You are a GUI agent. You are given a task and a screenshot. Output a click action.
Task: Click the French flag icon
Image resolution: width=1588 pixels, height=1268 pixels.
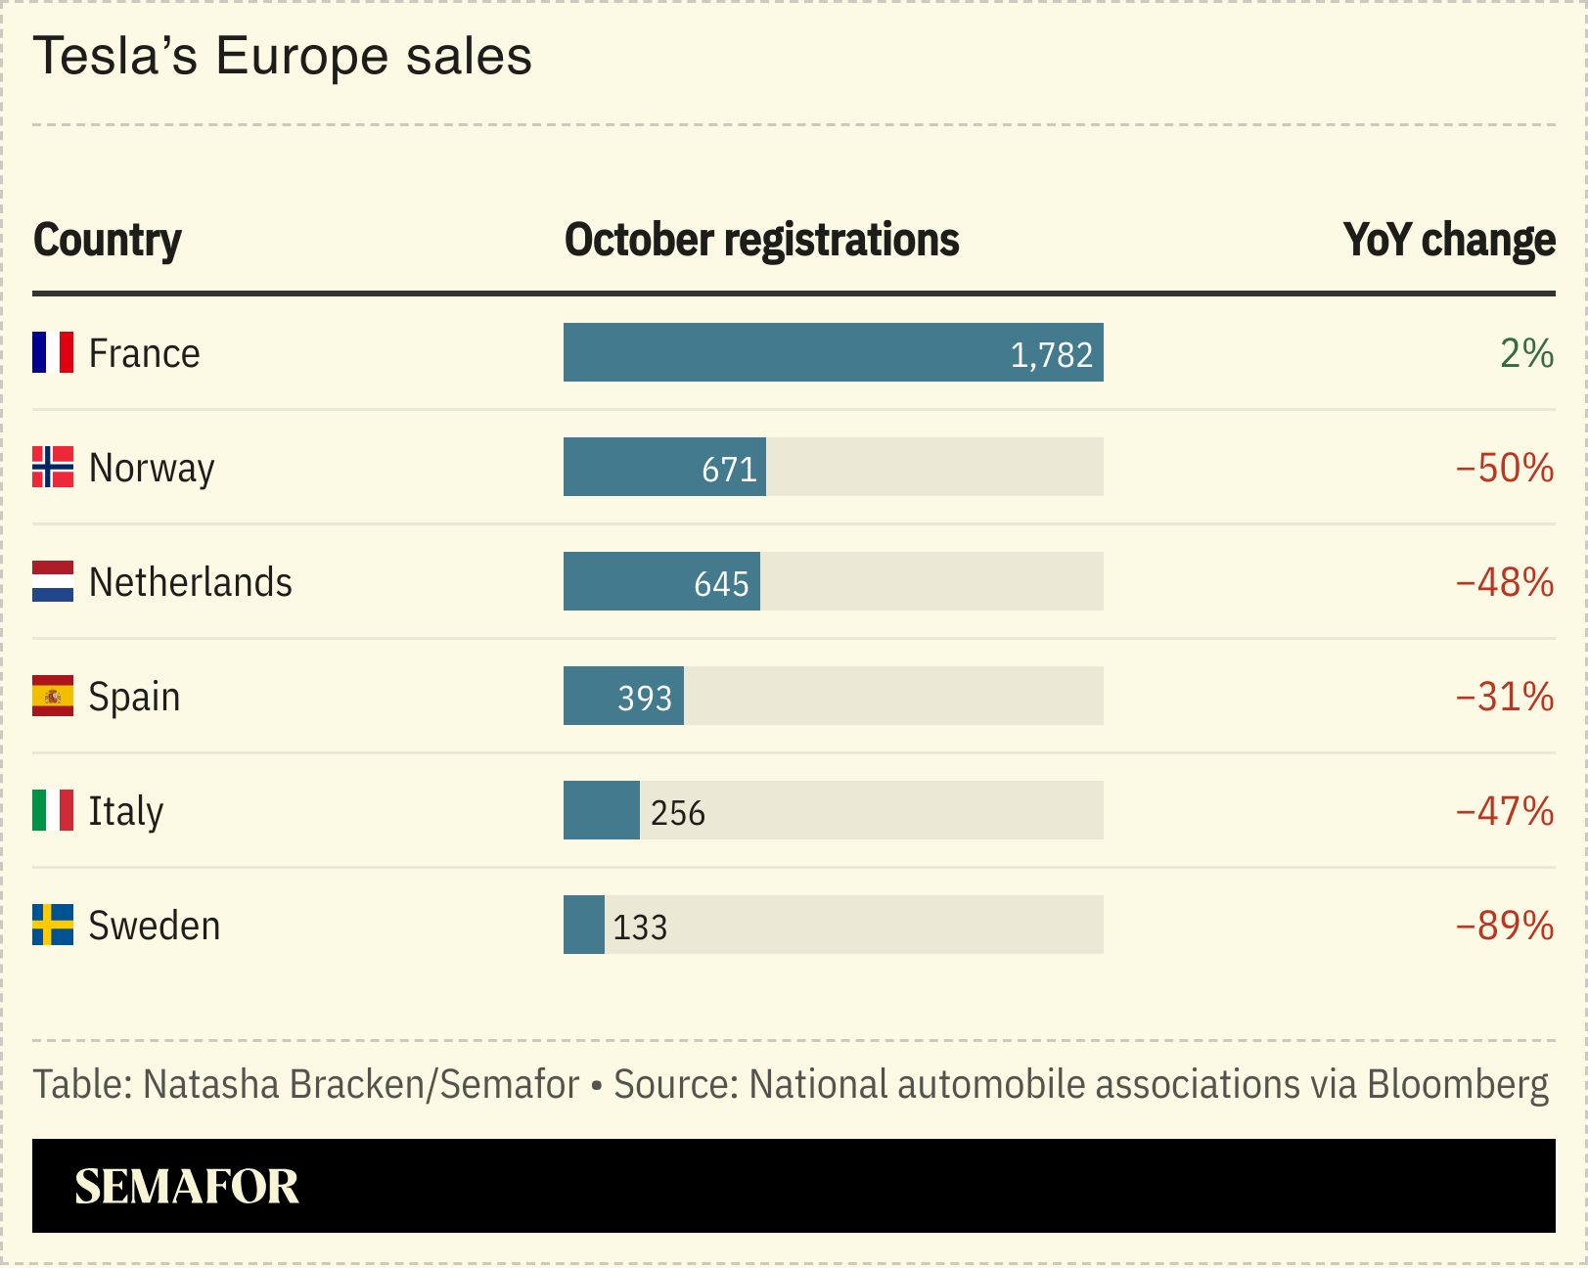tap(53, 352)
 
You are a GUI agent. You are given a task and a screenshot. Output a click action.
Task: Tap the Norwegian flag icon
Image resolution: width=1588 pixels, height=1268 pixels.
tap(53, 467)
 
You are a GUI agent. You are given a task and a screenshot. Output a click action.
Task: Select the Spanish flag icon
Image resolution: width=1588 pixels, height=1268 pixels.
tap(53, 696)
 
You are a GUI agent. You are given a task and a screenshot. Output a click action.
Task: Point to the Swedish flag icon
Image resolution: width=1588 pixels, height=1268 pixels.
tap(53, 925)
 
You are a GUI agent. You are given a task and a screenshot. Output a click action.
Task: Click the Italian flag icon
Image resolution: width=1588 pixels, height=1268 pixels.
tap(53, 810)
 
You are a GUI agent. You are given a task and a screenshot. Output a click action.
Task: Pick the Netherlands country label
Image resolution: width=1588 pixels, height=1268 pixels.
tap(190, 582)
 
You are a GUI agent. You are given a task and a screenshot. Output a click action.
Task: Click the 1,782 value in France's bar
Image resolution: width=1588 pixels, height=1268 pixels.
tap(1051, 354)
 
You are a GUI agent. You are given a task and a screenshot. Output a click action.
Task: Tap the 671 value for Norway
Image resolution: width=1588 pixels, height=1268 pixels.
tap(729, 469)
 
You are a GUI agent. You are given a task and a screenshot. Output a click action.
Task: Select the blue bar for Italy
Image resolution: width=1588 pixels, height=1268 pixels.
tap(601, 810)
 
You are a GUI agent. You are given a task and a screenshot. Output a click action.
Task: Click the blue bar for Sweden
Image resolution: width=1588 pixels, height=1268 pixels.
tap(583, 925)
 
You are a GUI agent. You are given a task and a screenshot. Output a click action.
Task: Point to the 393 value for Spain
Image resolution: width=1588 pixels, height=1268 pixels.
tap(645, 698)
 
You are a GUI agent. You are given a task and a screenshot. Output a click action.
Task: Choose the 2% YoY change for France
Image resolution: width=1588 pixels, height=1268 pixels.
tap(1526, 353)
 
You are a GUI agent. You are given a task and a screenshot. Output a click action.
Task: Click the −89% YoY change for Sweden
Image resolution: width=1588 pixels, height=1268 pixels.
tap(1505, 926)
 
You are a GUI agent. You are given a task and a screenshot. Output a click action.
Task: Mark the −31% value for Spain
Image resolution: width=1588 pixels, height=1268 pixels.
tap(1505, 697)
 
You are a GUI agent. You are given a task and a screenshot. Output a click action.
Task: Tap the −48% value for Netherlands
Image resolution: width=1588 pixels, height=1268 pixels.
tap(1505, 582)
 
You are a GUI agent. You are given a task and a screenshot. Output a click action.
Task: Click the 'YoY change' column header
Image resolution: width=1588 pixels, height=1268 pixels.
tap(1448, 241)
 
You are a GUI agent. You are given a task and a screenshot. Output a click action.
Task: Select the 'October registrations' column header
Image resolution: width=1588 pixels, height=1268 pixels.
tap(761, 241)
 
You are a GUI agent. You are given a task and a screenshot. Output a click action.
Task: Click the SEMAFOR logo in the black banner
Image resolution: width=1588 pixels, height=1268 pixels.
tap(186, 1186)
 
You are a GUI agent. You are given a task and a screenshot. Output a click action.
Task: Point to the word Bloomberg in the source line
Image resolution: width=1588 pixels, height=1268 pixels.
tap(1457, 1084)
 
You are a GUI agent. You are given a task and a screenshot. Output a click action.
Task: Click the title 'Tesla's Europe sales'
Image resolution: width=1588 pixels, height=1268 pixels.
tap(283, 56)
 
